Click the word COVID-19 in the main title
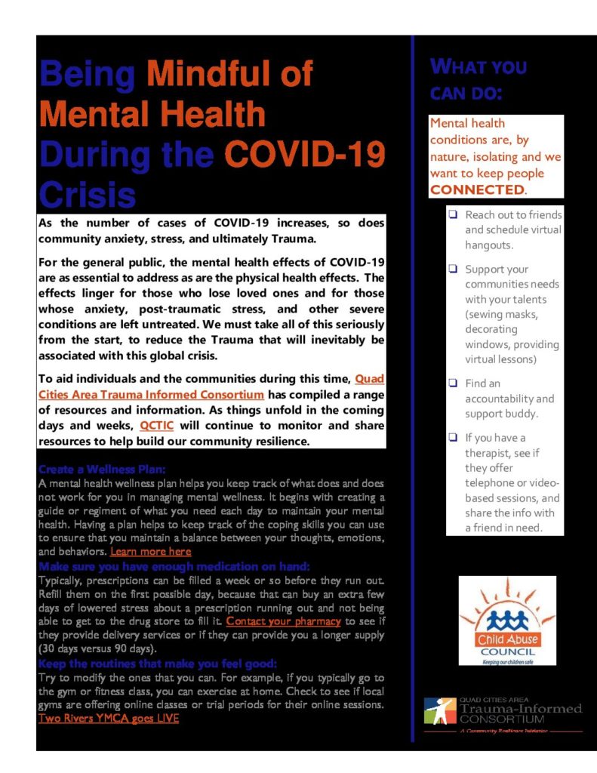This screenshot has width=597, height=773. pyautogui.click(x=307, y=154)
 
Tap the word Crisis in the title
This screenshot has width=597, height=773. pyautogui.click(x=87, y=194)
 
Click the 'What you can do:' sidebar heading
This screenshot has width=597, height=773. pyautogui.click(x=478, y=79)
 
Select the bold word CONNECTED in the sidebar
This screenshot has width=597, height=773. pyautogui.click(x=476, y=189)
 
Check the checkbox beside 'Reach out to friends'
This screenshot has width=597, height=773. pyautogui.click(x=452, y=215)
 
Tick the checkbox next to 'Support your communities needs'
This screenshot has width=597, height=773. pyautogui.click(x=452, y=269)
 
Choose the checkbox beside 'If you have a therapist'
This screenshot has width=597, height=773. pyautogui.click(x=452, y=437)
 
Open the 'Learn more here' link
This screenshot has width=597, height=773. pyautogui.click(x=150, y=552)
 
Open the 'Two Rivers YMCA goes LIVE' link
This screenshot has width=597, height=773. pyautogui.click(x=109, y=719)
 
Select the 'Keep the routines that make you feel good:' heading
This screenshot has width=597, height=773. pyautogui.click(x=158, y=664)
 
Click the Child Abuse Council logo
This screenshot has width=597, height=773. pyautogui.click(x=506, y=621)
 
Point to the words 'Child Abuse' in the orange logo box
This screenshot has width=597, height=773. pyautogui.click(x=506, y=640)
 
